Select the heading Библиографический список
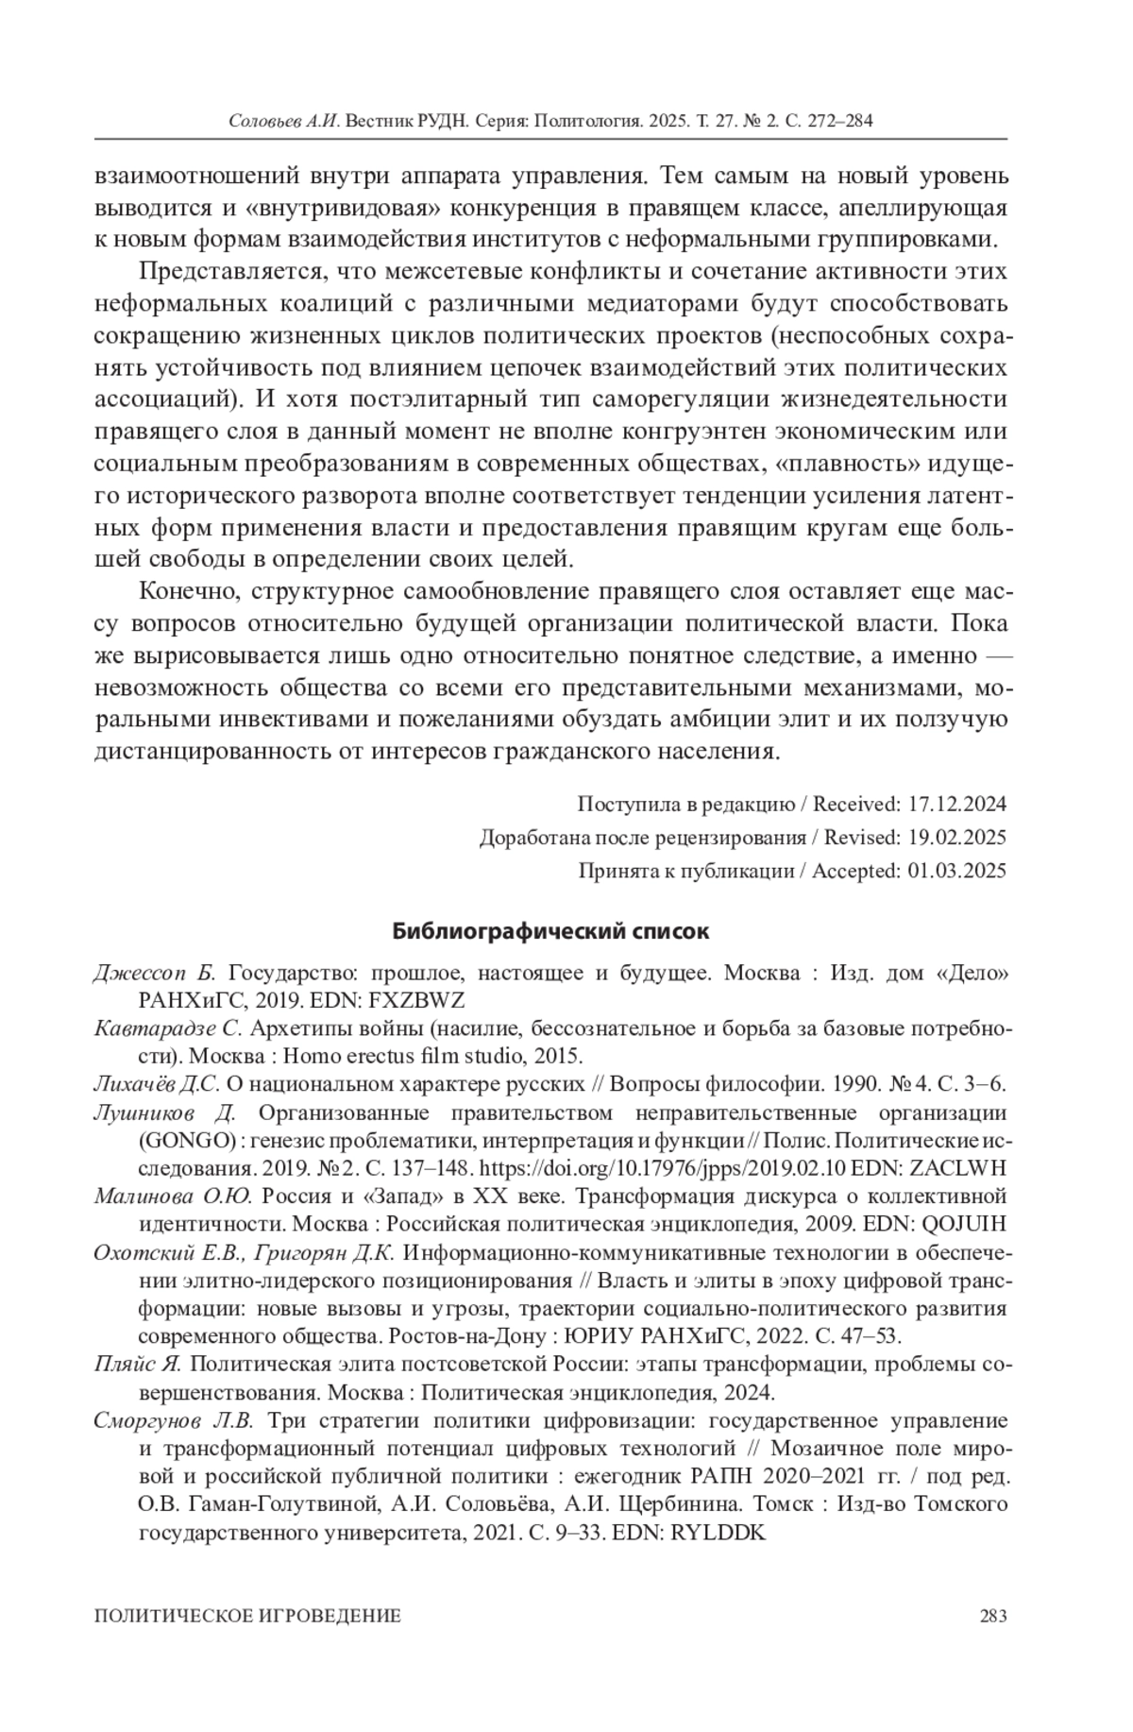point(550,931)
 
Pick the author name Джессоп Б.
point(156,973)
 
